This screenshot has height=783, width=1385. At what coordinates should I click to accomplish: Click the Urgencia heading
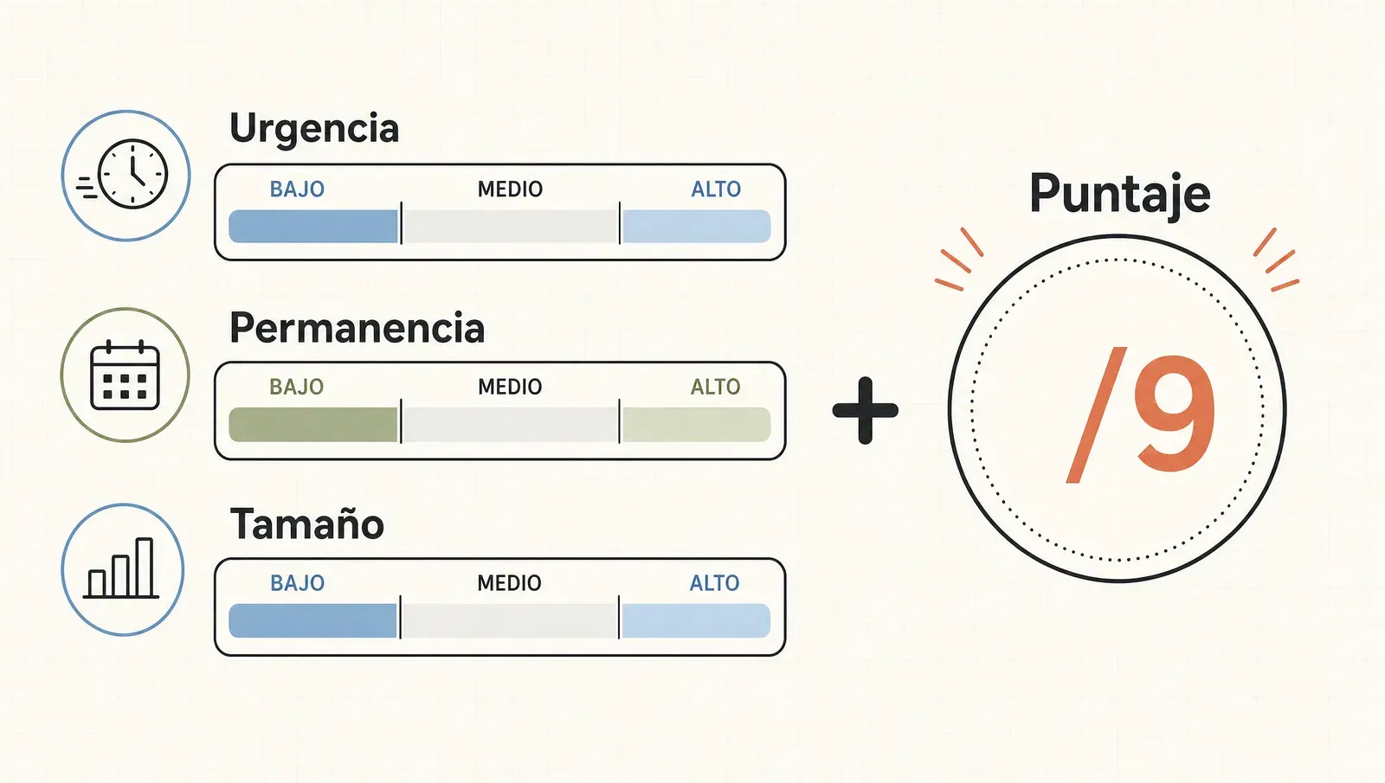pos(314,130)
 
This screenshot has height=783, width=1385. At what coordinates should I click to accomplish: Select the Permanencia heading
pos(357,328)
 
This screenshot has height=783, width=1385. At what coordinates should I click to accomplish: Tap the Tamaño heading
pos(306,524)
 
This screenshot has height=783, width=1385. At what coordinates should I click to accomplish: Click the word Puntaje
pos(1120,194)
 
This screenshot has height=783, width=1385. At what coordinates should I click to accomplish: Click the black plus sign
pos(865,410)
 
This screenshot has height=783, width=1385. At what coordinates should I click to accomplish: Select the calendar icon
pos(125,375)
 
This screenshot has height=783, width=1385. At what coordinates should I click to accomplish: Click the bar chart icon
pos(121,568)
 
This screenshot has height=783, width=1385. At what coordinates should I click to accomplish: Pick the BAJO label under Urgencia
pos(297,189)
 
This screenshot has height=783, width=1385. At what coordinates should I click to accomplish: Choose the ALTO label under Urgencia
pos(716,189)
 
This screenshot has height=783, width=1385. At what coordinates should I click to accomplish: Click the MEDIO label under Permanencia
pos(510,387)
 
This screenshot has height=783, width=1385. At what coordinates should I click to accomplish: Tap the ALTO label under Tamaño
pos(715,583)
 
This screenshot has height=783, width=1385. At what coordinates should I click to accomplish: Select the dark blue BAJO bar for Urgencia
pos(313,226)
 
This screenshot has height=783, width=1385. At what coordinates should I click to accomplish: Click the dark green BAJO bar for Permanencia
pos(312,425)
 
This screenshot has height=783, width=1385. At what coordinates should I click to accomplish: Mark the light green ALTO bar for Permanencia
pos(696,425)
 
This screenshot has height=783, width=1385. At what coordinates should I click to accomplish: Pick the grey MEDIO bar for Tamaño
pos(510,620)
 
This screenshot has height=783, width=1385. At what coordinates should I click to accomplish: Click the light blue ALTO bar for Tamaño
pos(696,620)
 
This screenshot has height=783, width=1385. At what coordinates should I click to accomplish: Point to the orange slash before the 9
pos(1096,414)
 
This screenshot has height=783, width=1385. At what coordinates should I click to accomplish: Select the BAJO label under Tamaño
pos(298,583)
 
